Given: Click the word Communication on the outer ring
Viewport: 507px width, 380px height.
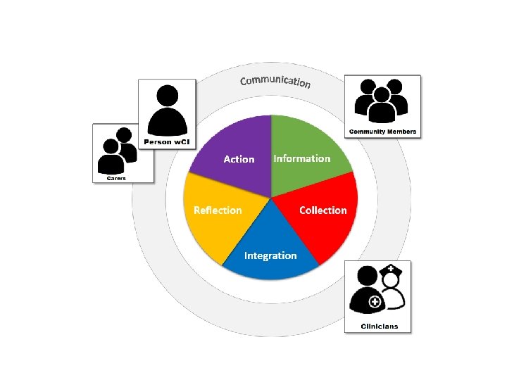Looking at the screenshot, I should tap(275, 80).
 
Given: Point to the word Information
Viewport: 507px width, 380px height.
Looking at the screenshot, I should tap(301, 158).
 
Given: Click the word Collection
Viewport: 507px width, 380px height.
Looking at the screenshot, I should tap(323, 210).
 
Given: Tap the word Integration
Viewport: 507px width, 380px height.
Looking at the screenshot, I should tap(270, 255).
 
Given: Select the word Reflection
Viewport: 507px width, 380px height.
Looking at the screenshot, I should tap(218, 210).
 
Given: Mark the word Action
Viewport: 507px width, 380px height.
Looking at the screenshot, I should tap(239, 159).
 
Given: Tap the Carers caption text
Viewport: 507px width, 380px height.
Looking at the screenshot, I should tap(116, 178).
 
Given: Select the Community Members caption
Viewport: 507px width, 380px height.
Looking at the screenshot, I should tap(382, 132).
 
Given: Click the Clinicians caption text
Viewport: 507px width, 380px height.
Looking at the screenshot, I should tap(380, 326).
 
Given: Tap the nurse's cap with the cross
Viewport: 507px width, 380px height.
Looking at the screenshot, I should tap(391, 270).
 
